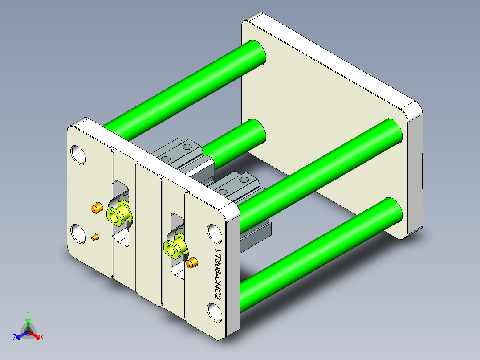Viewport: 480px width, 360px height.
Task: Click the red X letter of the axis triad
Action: (41, 338)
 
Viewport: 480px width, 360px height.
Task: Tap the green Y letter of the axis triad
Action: (28, 313)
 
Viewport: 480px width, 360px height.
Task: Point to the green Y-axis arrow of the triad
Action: (28, 323)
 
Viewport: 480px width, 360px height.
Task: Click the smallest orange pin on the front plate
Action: (94, 237)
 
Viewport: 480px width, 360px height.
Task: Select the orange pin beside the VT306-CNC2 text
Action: (192, 263)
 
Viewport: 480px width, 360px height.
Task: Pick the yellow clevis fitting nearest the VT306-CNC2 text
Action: (175, 247)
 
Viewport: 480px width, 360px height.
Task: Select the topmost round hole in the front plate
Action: (79, 154)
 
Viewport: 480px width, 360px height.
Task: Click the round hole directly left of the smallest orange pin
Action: (79, 233)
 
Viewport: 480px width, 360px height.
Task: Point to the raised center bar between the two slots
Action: (148, 236)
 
